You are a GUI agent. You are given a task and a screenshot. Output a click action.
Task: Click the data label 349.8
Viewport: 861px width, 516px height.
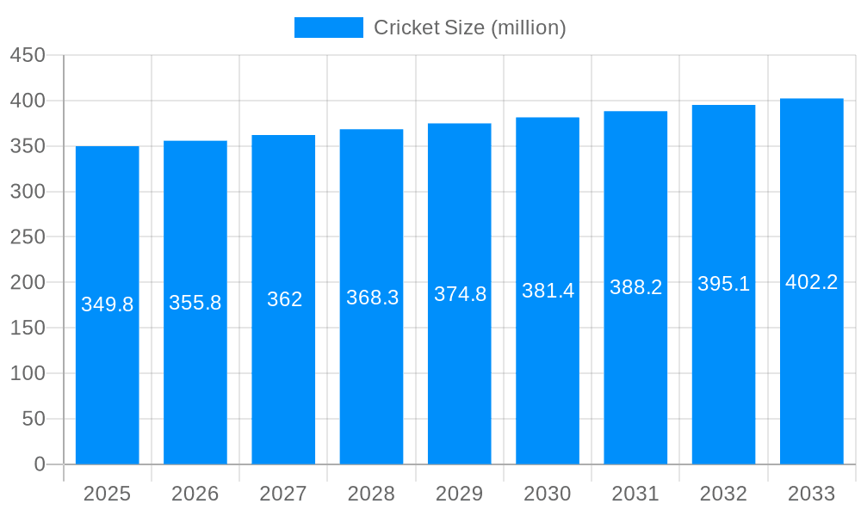click(108, 304)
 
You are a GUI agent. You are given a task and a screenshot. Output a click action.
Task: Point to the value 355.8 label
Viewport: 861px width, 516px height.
click(195, 303)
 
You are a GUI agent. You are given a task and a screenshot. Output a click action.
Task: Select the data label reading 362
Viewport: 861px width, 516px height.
click(284, 299)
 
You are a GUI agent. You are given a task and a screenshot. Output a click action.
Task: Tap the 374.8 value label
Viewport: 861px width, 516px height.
click(460, 294)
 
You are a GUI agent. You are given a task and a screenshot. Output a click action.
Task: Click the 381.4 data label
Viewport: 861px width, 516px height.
click(548, 291)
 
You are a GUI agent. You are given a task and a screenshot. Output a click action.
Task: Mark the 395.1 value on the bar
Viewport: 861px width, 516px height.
click(723, 284)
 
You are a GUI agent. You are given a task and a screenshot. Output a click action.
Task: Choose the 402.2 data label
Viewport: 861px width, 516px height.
click(811, 282)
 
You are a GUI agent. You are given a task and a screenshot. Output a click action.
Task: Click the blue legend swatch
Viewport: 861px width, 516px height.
click(329, 28)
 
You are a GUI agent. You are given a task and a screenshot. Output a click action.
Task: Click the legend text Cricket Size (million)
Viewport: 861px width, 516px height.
click(469, 28)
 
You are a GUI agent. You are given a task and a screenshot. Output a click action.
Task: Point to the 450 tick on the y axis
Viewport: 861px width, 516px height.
click(28, 55)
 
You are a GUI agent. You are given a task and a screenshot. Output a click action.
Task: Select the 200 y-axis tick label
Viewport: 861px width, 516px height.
click(28, 282)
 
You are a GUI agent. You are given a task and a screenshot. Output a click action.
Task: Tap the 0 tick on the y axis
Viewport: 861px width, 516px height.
click(40, 464)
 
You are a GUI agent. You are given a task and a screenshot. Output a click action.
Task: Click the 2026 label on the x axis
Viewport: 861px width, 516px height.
click(195, 494)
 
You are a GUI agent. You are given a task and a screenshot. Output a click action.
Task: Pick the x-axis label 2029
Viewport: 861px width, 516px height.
click(460, 494)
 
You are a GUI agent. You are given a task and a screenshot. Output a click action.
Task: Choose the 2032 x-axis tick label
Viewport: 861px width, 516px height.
click(723, 494)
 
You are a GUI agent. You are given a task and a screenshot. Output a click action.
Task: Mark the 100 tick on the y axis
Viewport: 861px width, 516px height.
click(28, 373)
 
